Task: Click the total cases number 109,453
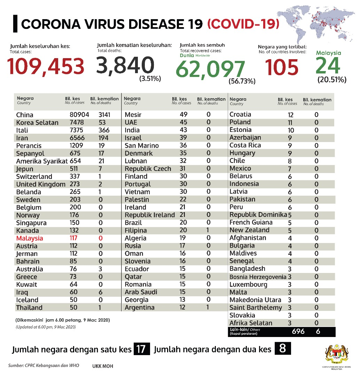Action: (x=46, y=66)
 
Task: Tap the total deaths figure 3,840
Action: (x=125, y=65)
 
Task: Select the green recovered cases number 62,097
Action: (x=210, y=69)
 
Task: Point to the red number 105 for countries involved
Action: (x=282, y=67)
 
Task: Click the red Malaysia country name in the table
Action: (x=30, y=238)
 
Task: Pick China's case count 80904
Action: (x=79, y=115)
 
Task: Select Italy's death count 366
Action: (x=104, y=130)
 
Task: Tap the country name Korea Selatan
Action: (x=37, y=123)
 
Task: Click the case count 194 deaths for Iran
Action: (x=103, y=138)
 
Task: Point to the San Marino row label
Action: (x=142, y=146)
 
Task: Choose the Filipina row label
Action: (x=135, y=230)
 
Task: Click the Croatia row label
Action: (x=240, y=115)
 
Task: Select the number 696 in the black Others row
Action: (x=298, y=331)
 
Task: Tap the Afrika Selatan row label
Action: (x=251, y=323)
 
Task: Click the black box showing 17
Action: (x=142, y=349)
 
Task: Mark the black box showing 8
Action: (x=282, y=348)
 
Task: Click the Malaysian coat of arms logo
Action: (x=336, y=355)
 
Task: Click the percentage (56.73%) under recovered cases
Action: (x=242, y=81)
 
